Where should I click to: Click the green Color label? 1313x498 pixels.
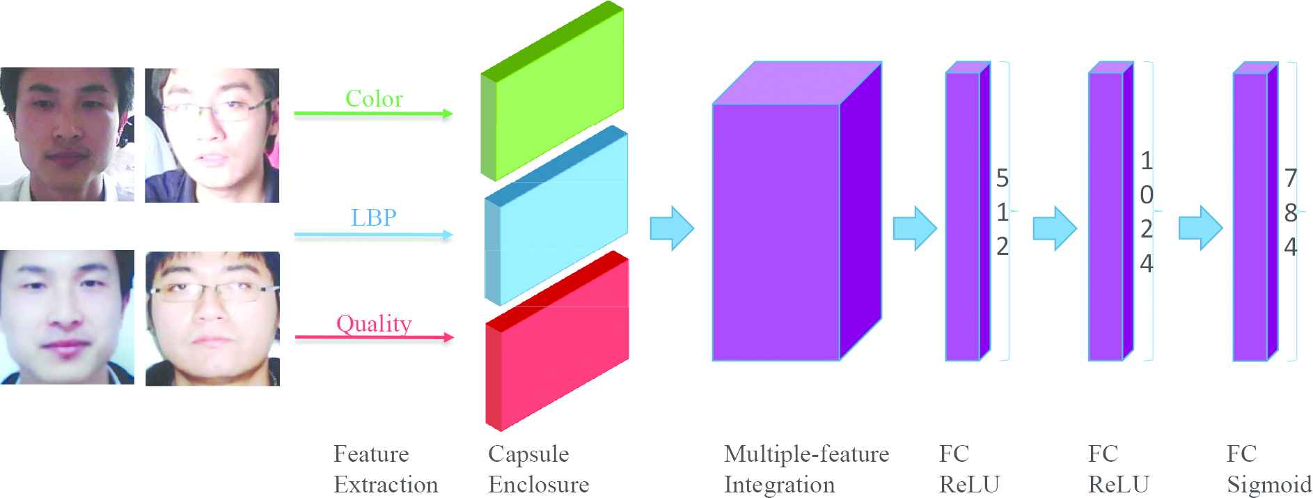click(374, 99)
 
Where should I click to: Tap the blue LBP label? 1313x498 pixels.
click(374, 218)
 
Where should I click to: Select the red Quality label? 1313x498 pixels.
click(374, 324)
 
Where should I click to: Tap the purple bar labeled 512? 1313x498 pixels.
click(963, 216)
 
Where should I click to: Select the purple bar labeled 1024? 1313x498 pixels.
click(1106, 216)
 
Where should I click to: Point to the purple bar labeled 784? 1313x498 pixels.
click(1251, 216)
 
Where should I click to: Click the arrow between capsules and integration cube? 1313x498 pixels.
click(672, 228)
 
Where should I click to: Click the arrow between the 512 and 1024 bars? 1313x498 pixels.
click(1054, 228)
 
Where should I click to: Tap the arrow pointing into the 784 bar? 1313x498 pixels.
click(1200, 228)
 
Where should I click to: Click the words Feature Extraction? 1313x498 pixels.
click(386, 469)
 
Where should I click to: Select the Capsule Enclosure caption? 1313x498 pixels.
click(538, 469)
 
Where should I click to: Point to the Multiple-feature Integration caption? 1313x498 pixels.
click(806, 469)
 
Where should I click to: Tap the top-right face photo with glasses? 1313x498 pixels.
click(212, 135)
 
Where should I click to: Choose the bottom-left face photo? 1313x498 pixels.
click(67, 318)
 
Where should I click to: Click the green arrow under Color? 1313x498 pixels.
click(373, 114)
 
